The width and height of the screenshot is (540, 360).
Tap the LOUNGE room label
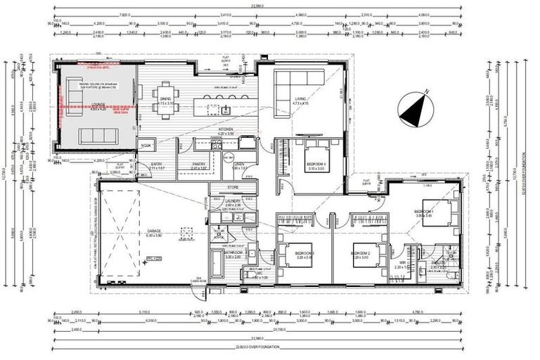pyautogui.click(x=97, y=105)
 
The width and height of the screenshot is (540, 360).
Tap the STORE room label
pyautogui.click(x=233, y=188)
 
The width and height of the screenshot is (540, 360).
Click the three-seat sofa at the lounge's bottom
pyautogui.click(x=95, y=134)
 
